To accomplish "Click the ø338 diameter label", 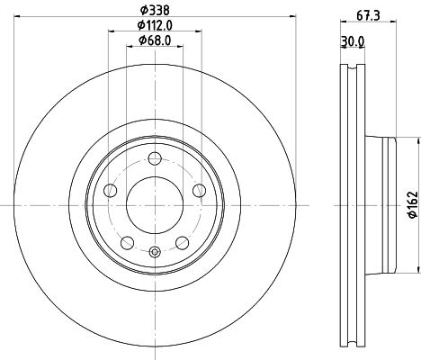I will tap(155, 10).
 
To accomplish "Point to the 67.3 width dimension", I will tap(364, 15).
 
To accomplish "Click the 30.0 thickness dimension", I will tap(352, 40).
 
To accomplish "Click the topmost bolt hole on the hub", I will tap(154, 159).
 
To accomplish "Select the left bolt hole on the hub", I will tap(110, 191).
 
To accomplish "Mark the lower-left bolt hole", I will tap(127, 242).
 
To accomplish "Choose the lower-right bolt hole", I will tap(182, 242).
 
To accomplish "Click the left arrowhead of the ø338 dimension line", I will tap(17, 18).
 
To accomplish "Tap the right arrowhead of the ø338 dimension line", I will tap(292, 18).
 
